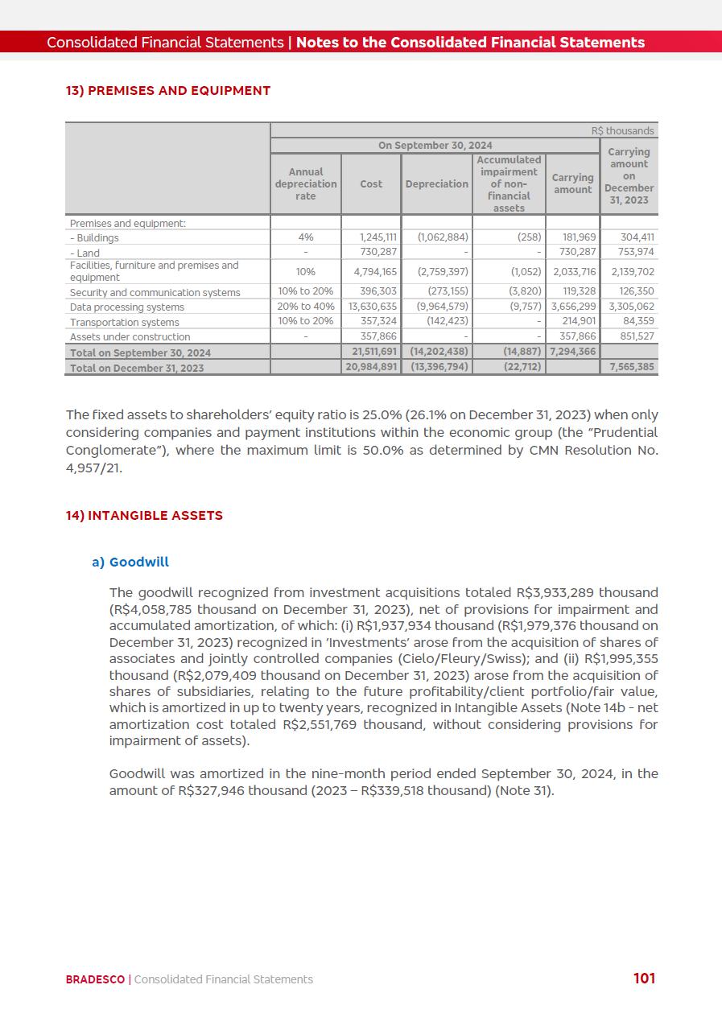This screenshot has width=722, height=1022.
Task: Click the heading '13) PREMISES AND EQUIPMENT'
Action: tap(167, 91)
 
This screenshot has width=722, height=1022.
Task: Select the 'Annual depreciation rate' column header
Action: tap(306, 184)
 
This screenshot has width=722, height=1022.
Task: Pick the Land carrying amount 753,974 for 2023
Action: tap(632, 253)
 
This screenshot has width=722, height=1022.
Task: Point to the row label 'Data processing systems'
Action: tap(127, 307)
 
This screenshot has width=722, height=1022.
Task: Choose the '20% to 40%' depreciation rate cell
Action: tap(306, 307)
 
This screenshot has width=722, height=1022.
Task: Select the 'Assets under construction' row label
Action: tap(130, 337)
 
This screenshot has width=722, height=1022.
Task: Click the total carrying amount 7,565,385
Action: tap(632, 367)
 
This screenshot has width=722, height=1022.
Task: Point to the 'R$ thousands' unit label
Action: tap(622, 131)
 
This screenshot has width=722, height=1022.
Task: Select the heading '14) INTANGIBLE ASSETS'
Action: tap(144, 516)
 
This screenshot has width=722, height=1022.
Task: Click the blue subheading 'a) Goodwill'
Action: tap(130, 563)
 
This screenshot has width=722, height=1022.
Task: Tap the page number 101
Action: tap(644, 979)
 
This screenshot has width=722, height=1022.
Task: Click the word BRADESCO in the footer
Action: tap(95, 979)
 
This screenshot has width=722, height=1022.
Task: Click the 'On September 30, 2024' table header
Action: tap(435, 146)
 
